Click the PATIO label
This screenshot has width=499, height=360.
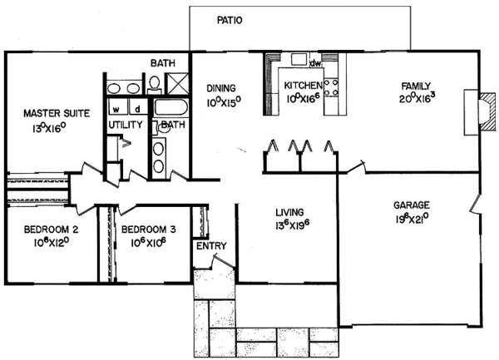[x=230, y=21]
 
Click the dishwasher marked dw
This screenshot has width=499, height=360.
[x=314, y=63]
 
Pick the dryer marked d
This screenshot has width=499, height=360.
[x=136, y=109]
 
